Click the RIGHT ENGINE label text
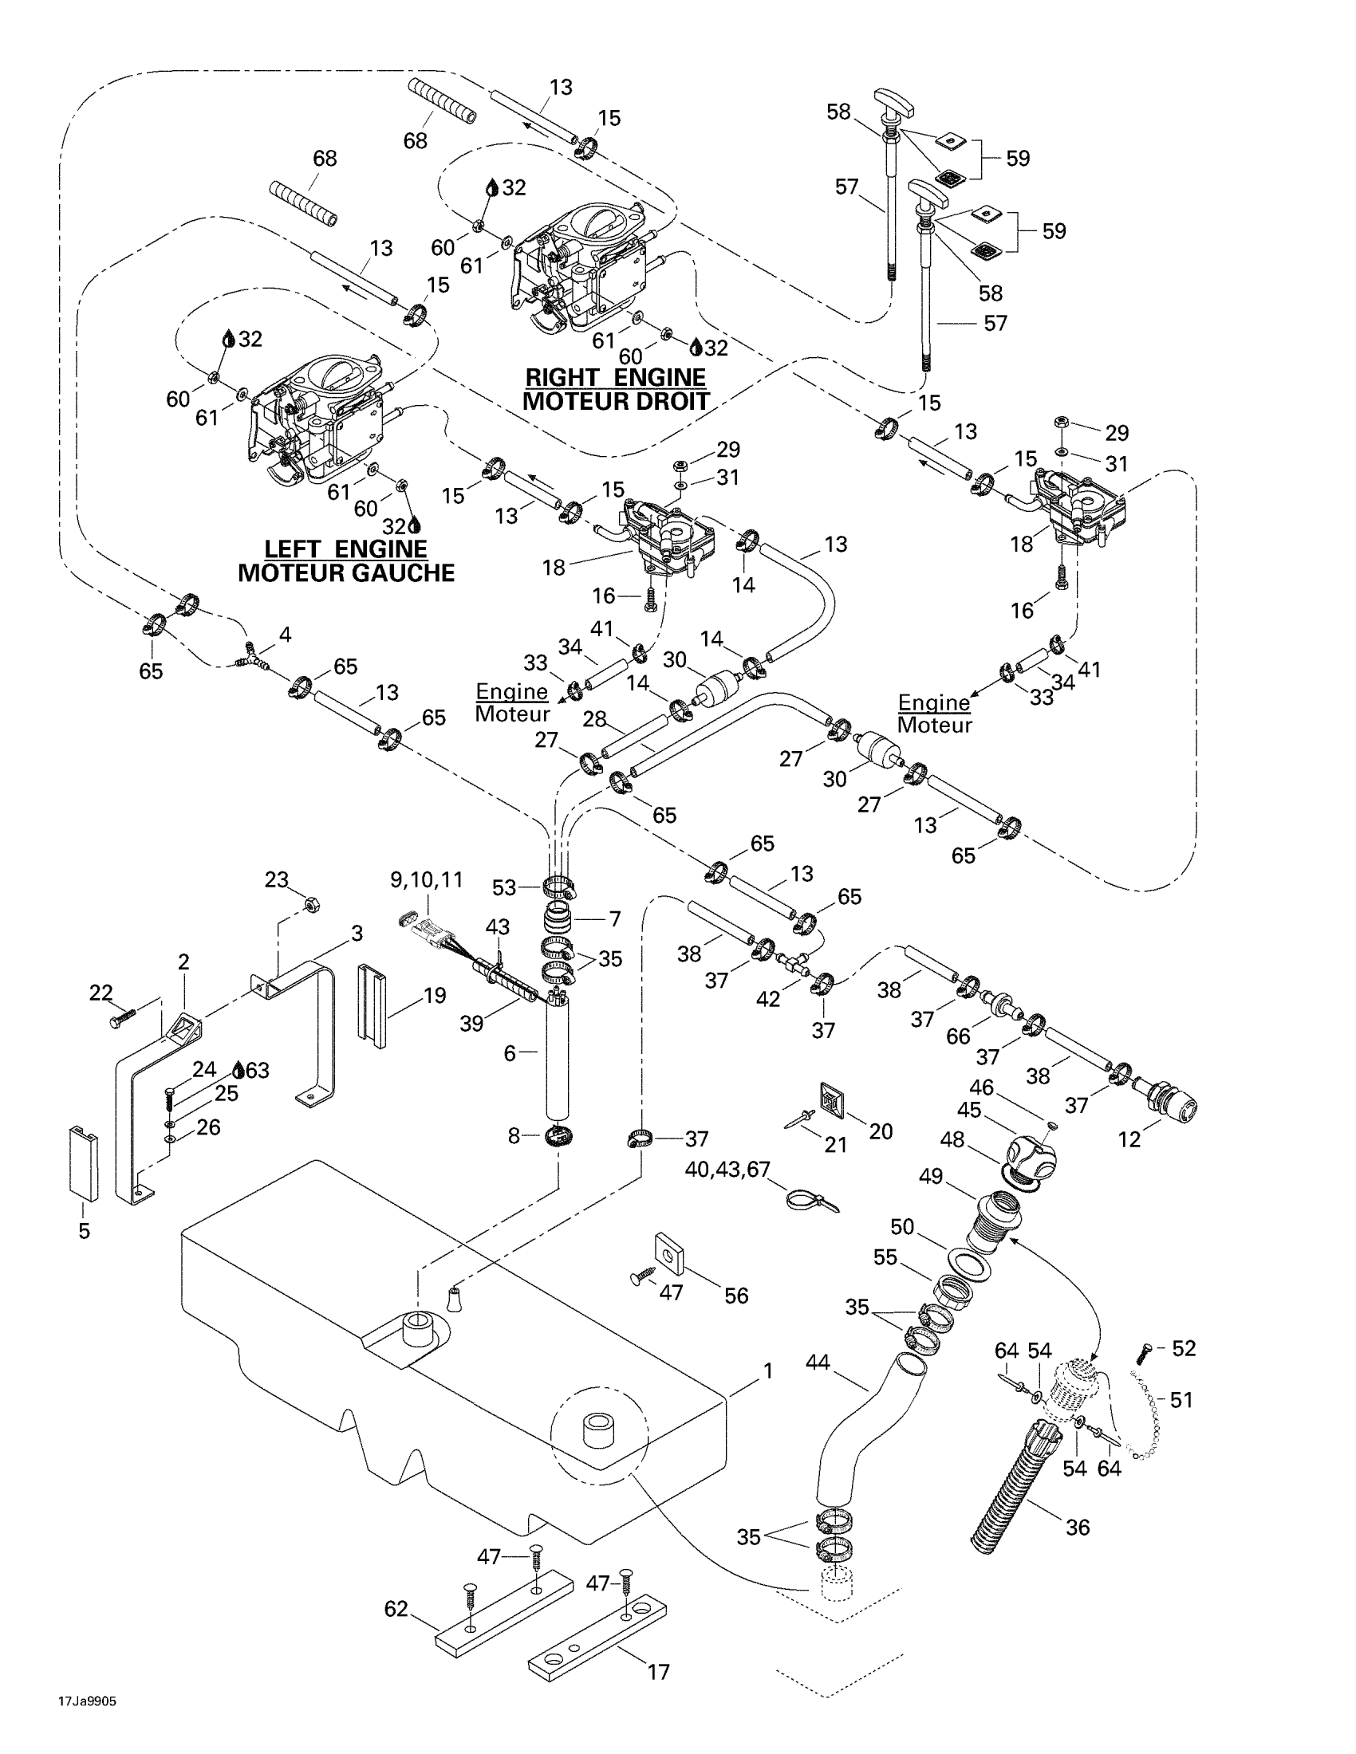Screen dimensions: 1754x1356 click(614, 377)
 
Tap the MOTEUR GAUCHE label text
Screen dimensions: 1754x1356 click(346, 573)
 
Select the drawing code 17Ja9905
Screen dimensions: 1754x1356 click(87, 1701)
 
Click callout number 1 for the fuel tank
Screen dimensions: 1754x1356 click(767, 1372)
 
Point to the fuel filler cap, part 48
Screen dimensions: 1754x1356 click(1031, 1158)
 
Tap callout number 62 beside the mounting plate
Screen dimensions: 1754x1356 click(397, 1609)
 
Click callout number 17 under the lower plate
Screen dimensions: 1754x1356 click(658, 1672)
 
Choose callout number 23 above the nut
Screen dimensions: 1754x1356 click(276, 880)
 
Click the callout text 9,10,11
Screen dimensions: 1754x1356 click(427, 880)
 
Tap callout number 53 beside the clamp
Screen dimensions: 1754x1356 click(503, 887)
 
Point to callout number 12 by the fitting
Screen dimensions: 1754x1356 click(1129, 1139)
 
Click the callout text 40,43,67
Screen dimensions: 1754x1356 click(727, 1170)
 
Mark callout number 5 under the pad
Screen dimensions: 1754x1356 click(84, 1231)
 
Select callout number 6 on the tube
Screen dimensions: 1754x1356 click(510, 1053)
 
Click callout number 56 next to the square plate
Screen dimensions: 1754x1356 click(736, 1296)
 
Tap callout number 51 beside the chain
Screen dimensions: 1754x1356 click(1181, 1400)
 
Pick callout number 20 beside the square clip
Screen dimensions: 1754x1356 click(881, 1131)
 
